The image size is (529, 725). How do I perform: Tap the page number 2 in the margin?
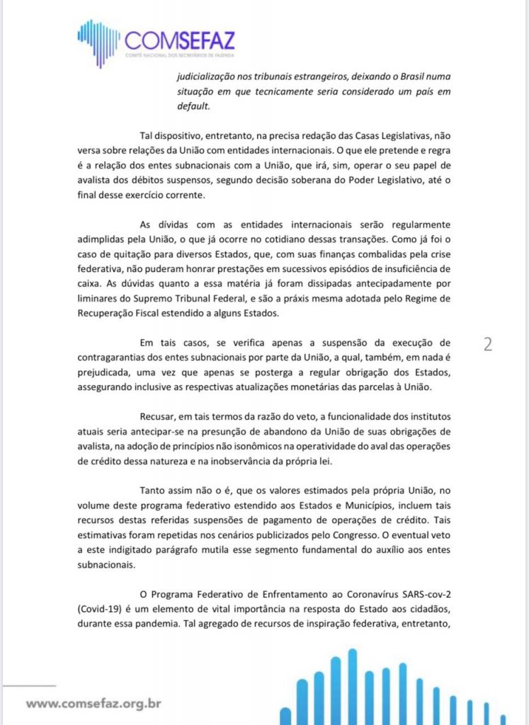point(487,344)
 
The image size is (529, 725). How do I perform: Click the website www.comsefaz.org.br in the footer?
point(94,704)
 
